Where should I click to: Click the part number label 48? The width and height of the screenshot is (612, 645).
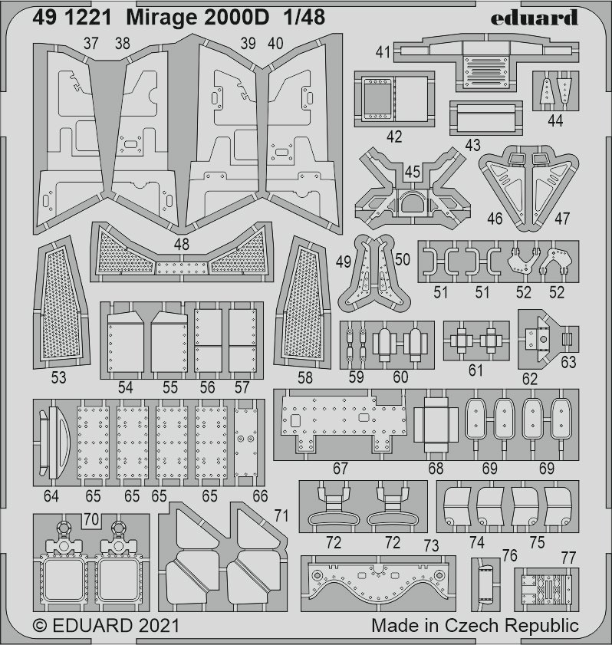(182, 244)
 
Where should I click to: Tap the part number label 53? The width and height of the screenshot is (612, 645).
(58, 377)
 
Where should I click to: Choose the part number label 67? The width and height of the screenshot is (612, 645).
(341, 467)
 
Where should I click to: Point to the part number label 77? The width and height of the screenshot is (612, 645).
(568, 557)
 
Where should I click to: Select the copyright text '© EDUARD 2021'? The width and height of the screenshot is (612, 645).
(106, 625)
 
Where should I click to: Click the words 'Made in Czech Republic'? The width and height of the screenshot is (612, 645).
(475, 625)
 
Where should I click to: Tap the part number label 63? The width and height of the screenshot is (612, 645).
(568, 362)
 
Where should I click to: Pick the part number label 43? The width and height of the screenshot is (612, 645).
(472, 145)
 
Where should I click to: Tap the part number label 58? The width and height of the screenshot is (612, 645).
(304, 377)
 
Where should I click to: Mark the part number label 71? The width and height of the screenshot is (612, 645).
(281, 515)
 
